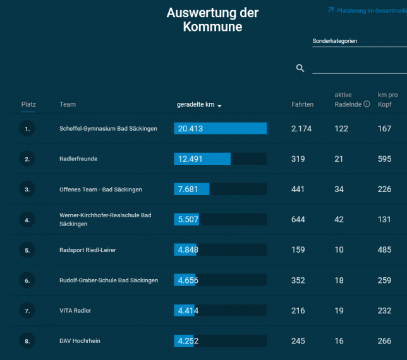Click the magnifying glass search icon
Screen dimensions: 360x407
click(x=300, y=68)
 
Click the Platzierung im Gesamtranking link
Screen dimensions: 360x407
click(x=367, y=10)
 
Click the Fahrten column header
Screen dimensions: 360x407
click(x=302, y=105)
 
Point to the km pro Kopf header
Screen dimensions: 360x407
click(x=387, y=100)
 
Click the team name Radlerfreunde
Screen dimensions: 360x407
click(x=78, y=159)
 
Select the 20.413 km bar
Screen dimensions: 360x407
click(x=220, y=129)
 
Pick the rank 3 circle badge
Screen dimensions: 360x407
click(x=27, y=189)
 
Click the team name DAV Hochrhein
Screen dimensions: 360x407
click(x=80, y=341)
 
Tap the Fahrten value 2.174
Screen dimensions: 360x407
click(x=301, y=129)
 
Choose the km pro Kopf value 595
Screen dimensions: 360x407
click(x=384, y=159)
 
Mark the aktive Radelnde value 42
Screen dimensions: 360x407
click(x=339, y=220)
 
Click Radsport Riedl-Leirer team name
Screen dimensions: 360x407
click(x=87, y=250)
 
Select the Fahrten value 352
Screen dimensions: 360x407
click(x=298, y=280)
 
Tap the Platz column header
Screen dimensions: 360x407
click(x=28, y=105)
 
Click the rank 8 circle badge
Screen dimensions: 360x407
click(x=27, y=341)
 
